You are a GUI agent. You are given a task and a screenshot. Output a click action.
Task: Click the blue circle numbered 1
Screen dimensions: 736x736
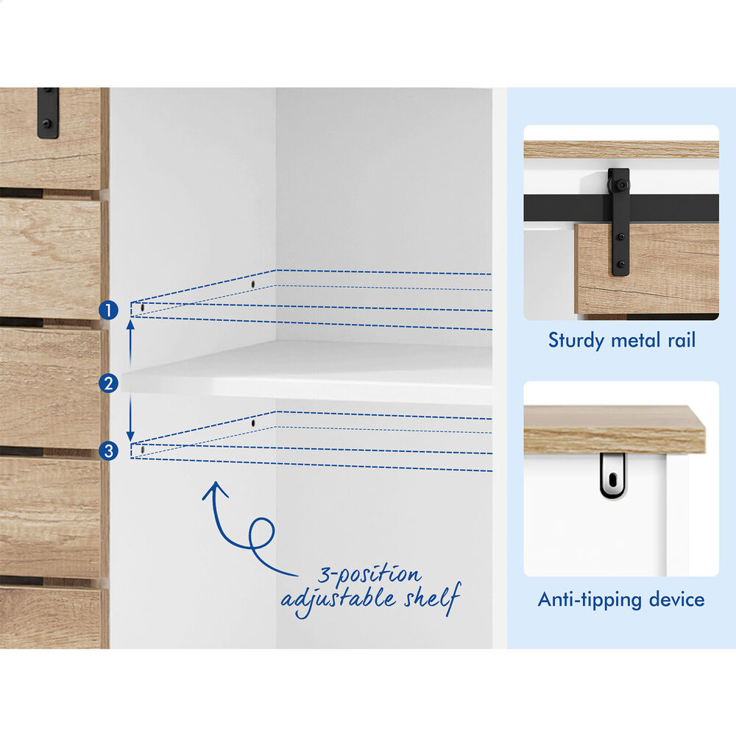[108, 311]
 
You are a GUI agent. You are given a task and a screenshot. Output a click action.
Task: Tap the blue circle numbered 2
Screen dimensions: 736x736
[108, 383]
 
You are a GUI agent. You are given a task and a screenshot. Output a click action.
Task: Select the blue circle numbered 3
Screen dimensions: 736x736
[108, 451]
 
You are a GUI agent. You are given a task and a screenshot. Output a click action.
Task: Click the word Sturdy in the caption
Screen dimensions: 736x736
[576, 340]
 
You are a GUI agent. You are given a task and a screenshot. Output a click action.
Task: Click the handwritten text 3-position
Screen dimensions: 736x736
[369, 574]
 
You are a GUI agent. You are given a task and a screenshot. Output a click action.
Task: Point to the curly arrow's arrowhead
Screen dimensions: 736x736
[216, 489]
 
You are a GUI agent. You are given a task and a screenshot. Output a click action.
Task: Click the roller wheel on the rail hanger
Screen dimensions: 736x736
[621, 185]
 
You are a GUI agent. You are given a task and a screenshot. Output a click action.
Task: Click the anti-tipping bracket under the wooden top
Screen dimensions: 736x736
[612, 476]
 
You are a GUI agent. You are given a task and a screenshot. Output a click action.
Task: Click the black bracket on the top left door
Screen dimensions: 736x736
[48, 113]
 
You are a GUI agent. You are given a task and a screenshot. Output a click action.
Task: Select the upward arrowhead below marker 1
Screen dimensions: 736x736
[131, 324]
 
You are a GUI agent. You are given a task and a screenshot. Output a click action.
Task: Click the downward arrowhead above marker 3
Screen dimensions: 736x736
[130, 436]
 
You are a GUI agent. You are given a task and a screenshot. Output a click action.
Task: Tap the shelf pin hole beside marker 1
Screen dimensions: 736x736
[143, 308]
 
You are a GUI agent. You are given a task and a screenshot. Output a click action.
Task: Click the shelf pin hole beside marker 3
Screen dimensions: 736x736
[143, 450]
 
